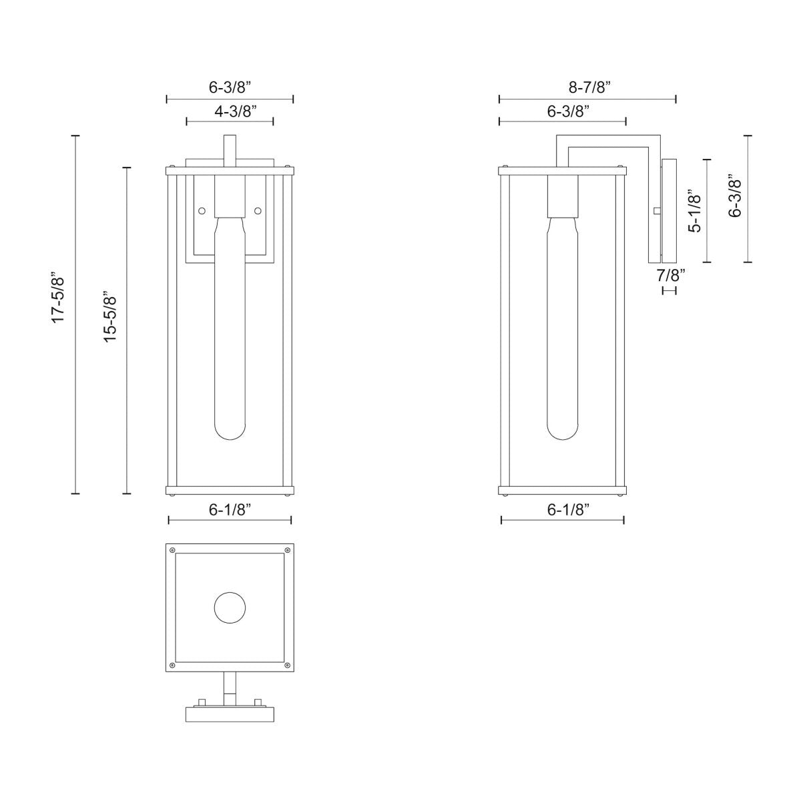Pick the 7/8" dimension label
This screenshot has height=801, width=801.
[x=670, y=274]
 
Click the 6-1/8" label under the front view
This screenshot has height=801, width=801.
[x=230, y=510]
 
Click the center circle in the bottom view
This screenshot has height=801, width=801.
[x=230, y=608]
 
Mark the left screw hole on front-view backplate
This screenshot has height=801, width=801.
[x=202, y=211]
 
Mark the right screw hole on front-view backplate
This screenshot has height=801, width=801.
[x=258, y=211]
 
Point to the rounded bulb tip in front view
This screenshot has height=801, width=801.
[x=230, y=431]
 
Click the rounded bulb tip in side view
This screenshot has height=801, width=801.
[x=562, y=431]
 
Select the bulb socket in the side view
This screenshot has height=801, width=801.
[x=562, y=196]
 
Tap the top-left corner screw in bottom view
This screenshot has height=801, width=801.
[x=173, y=551]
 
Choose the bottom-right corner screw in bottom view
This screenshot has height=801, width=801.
[x=287, y=665]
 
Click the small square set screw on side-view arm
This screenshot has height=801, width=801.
[x=657, y=211]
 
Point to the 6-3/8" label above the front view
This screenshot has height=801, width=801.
[x=230, y=87]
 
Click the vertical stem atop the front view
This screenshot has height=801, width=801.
[x=230, y=150]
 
